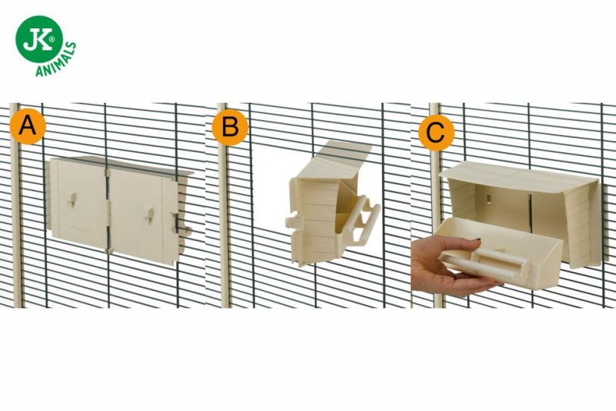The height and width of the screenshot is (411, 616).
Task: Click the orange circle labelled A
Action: click(28, 126)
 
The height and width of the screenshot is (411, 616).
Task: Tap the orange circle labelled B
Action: click(230, 128)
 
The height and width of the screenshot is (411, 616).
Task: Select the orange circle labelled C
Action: click(436, 133)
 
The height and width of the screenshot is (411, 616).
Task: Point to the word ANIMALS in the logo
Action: click(56, 60)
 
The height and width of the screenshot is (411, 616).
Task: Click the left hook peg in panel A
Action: click(72, 199)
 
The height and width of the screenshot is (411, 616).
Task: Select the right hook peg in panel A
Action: click(148, 214)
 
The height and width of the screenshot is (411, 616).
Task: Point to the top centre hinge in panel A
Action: click(107, 173)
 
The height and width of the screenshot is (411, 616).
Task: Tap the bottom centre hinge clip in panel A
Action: click(108, 250)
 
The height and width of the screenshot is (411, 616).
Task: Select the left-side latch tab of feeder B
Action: click(292, 222)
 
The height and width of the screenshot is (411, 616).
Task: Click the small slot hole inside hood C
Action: click(488, 198)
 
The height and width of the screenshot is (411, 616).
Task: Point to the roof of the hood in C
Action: click(518, 176)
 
